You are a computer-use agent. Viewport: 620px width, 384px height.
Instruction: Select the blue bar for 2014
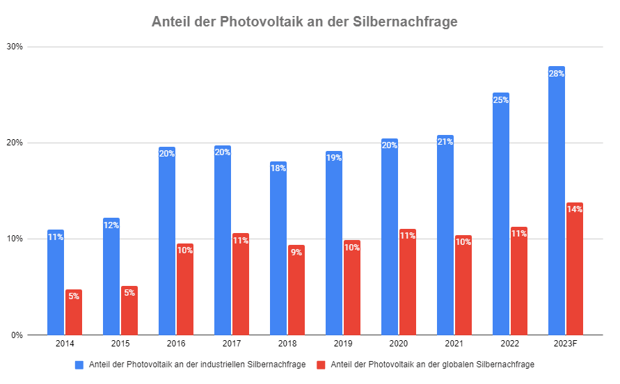click(x=56, y=285)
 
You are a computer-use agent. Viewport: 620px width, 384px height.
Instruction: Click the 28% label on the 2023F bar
click(x=557, y=73)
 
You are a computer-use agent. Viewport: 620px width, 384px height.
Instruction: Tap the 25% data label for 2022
click(x=501, y=99)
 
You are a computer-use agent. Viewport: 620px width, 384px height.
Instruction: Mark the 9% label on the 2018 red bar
click(x=296, y=252)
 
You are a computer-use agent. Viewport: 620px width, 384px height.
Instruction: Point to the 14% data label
click(x=575, y=209)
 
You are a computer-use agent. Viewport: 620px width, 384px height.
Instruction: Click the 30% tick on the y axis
click(x=15, y=47)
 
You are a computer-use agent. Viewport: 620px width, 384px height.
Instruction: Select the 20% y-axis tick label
click(x=15, y=143)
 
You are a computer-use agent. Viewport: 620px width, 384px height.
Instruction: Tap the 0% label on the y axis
click(x=17, y=335)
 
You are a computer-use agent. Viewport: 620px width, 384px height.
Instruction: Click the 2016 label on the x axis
click(x=176, y=344)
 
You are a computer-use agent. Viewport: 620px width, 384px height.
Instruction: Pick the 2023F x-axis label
click(x=566, y=344)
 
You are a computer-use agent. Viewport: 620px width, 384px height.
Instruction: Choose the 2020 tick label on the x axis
click(x=399, y=344)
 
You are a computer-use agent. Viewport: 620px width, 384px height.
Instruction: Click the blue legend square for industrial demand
click(x=79, y=365)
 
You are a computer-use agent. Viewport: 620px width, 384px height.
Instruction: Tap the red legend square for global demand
click(x=321, y=365)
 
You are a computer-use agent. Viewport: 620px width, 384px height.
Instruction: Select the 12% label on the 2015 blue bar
click(x=111, y=225)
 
